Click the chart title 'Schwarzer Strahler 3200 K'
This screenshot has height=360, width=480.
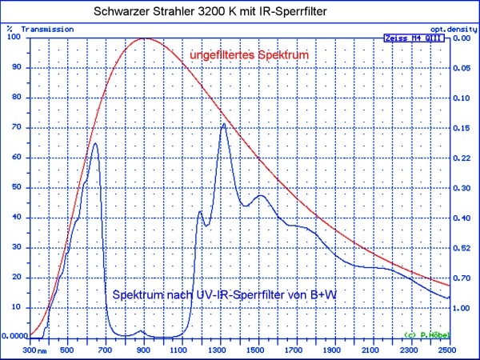(x=201, y=13)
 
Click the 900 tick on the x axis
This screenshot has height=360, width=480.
(x=143, y=350)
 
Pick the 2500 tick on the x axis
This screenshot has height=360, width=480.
(x=448, y=350)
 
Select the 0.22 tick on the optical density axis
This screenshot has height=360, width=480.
(x=462, y=158)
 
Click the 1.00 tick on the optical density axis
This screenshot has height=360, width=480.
(x=462, y=307)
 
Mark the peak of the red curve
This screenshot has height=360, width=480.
(x=145, y=38)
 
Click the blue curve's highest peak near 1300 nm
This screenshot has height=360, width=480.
(x=224, y=123)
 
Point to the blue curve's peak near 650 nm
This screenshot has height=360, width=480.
(x=96, y=143)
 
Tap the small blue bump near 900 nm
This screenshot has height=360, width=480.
(x=142, y=330)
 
